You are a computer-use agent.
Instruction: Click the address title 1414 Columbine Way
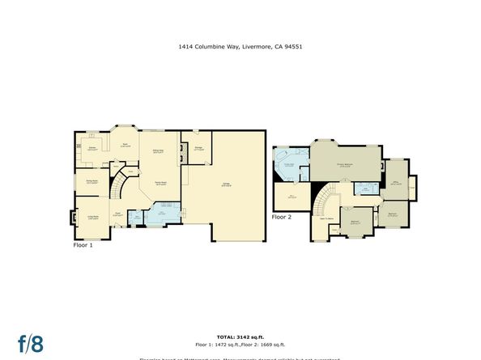(x=240, y=47)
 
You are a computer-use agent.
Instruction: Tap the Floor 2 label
(x=280, y=217)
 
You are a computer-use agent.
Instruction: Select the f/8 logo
(x=32, y=342)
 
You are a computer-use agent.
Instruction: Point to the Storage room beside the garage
(x=198, y=147)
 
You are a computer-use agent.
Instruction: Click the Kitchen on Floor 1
(x=93, y=148)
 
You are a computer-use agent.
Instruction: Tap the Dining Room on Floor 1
(x=92, y=182)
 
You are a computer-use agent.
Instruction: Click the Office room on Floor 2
(x=396, y=183)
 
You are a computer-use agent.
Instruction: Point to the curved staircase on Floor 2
(x=326, y=197)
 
